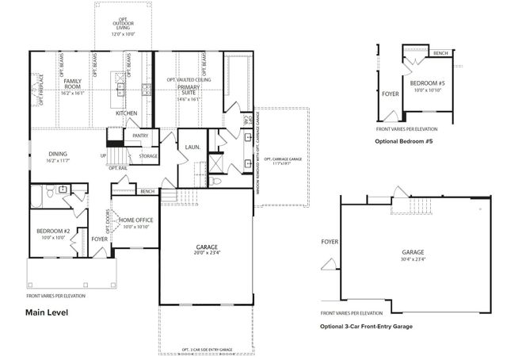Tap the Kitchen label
point(127,113)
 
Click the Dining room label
point(59,155)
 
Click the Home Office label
point(137,220)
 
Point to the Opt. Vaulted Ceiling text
point(189,80)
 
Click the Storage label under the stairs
point(148,156)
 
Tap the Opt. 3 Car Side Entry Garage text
point(206,349)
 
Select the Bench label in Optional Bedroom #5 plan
point(441,53)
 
